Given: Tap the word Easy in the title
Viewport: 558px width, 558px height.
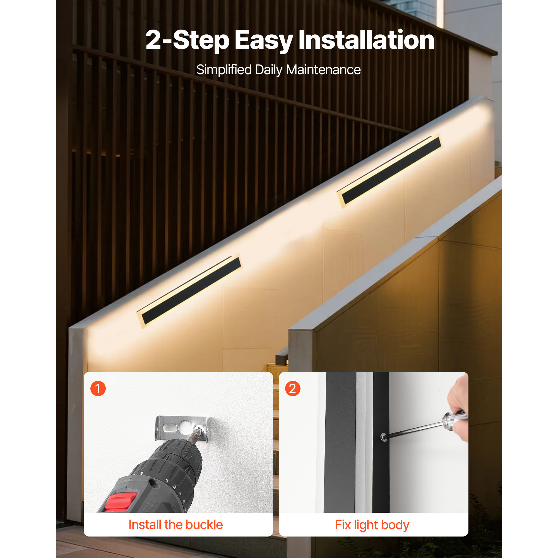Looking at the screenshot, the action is click(264, 41).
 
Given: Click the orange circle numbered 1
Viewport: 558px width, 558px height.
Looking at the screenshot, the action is click(98, 388).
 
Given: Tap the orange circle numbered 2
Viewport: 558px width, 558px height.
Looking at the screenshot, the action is click(293, 388).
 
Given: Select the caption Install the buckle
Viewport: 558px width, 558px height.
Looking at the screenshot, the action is click(175, 525).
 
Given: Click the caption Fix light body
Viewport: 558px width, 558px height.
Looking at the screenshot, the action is click(372, 525).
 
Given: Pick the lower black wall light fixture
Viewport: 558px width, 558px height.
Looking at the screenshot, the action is click(189, 291).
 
